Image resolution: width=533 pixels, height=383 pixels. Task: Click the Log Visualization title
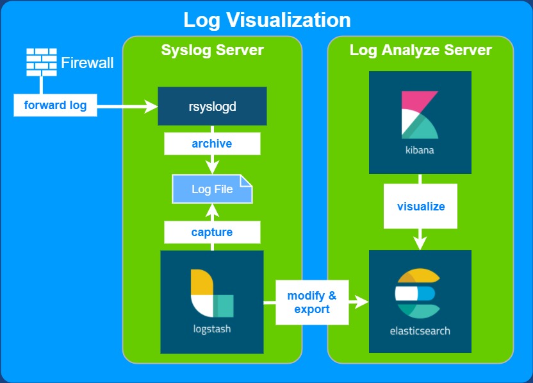[x=266, y=19]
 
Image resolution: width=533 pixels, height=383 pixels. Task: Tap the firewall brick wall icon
[x=42, y=62]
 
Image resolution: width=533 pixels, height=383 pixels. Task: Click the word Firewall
[x=87, y=63]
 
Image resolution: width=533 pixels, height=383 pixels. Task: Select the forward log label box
[x=55, y=105]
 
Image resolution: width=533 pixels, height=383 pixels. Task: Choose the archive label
[x=212, y=144]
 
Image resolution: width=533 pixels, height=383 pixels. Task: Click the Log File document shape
[x=212, y=189]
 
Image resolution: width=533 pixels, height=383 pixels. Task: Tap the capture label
[x=212, y=232]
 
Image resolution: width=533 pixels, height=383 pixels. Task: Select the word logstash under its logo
[x=212, y=330]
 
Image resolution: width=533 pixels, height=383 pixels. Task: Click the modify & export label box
[x=312, y=302]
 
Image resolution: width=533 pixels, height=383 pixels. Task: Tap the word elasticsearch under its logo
[x=420, y=331]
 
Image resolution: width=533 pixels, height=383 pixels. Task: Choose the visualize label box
[x=420, y=207]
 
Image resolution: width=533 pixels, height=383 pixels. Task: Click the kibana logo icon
[x=420, y=115]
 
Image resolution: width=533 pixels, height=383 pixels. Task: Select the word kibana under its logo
[x=420, y=151]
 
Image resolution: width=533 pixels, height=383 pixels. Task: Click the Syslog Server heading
[x=212, y=50]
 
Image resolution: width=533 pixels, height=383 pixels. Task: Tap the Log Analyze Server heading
[x=420, y=50]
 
